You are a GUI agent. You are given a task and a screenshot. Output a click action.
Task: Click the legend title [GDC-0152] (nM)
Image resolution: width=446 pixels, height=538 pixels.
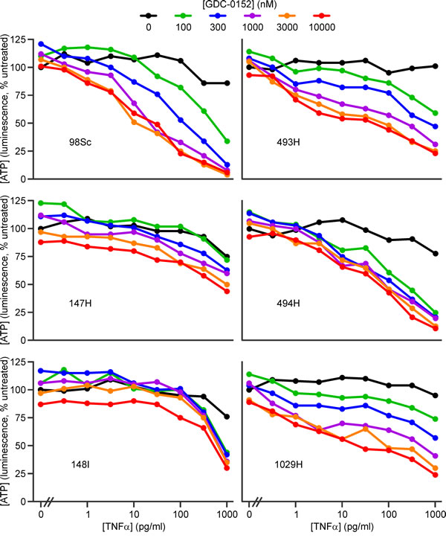(x=242, y=7)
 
